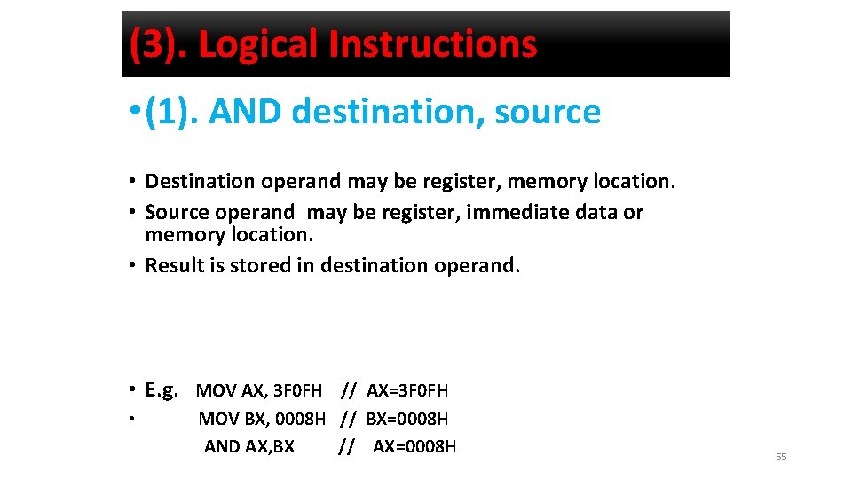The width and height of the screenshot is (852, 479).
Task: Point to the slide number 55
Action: (x=781, y=457)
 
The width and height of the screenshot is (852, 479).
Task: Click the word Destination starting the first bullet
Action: (x=200, y=182)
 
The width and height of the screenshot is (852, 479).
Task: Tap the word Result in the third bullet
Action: (x=173, y=265)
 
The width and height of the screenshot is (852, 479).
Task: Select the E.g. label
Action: (x=162, y=389)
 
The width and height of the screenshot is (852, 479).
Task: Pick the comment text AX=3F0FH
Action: (x=407, y=390)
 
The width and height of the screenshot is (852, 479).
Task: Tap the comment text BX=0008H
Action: (x=407, y=419)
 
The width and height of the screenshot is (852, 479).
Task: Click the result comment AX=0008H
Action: (x=414, y=446)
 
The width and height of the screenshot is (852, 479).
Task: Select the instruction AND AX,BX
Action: (x=249, y=446)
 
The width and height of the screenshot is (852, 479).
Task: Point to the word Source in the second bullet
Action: (x=174, y=213)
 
